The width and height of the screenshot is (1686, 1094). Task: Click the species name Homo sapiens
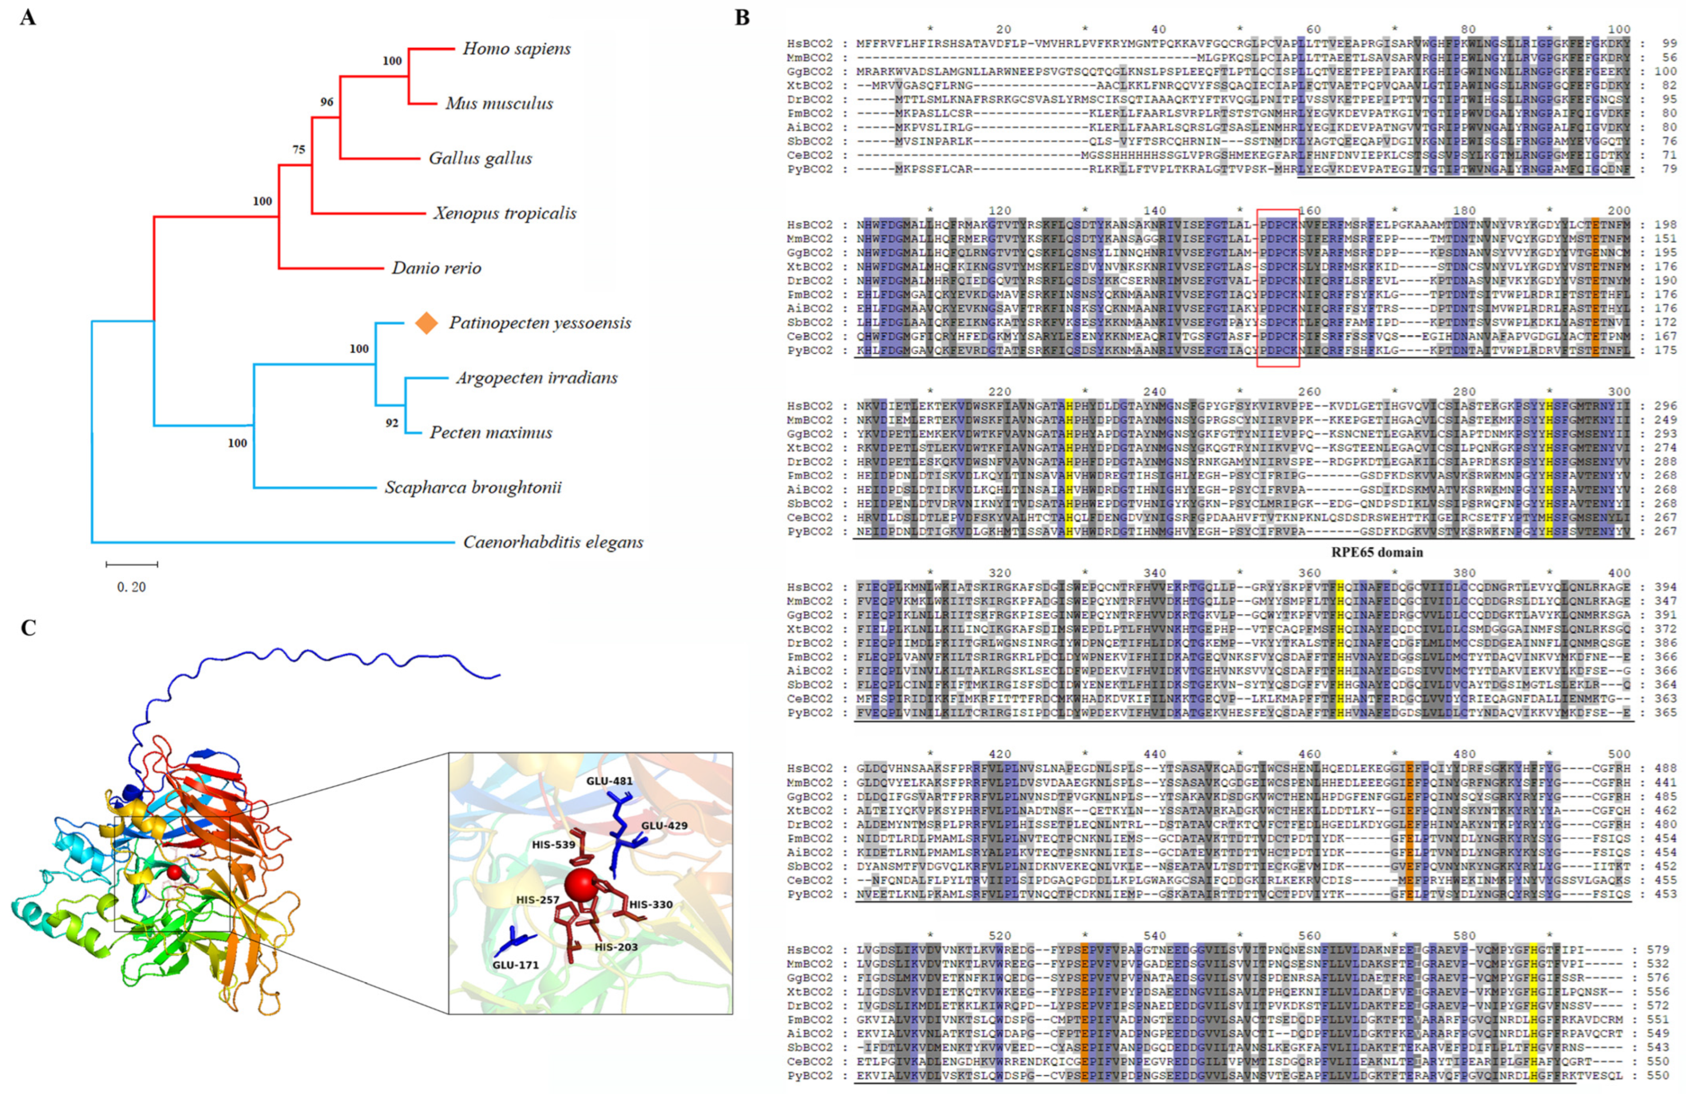[516, 49]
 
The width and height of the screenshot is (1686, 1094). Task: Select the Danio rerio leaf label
[436, 268]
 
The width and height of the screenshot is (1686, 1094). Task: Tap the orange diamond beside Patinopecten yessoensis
[426, 323]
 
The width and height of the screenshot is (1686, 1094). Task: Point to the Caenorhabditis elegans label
[553, 542]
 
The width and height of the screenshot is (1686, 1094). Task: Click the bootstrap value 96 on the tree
[327, 102]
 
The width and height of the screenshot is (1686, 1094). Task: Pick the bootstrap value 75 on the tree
[299, 150]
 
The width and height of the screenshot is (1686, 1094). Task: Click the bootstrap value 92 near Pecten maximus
[392, 423]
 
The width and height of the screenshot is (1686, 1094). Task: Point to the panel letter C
[28, 628]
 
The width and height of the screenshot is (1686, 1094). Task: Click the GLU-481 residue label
[609, 781]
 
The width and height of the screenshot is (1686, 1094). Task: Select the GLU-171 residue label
[515, 964]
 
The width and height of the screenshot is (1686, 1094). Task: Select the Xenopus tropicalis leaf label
[505, 213]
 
